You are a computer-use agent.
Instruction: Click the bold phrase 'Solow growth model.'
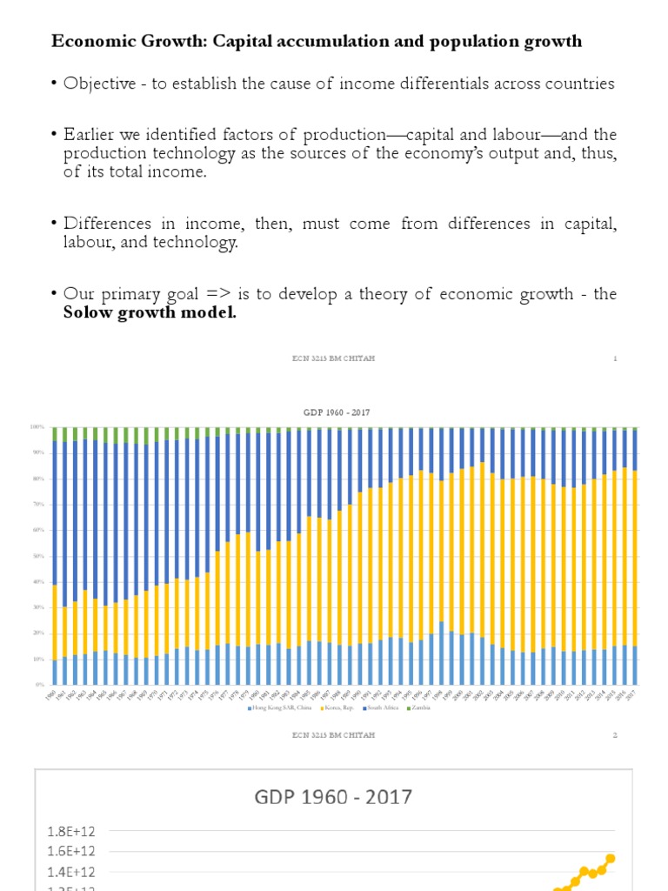tap(150, 313)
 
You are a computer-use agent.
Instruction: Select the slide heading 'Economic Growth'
tap(106, 41)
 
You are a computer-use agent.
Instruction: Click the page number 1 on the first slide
tap(614, 358)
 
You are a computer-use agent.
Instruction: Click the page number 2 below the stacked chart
tap(614, 735)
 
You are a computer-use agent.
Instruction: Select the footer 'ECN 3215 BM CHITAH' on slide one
tap(333, 358)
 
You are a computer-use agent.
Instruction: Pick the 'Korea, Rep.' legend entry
tap(324, 707)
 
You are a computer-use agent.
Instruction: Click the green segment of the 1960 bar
tap(55, 433)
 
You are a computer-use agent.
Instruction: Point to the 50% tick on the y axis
tap(37, 556)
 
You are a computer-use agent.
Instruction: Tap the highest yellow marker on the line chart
tap(611, 858)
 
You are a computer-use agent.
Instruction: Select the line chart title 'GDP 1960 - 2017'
tap(333, 796)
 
